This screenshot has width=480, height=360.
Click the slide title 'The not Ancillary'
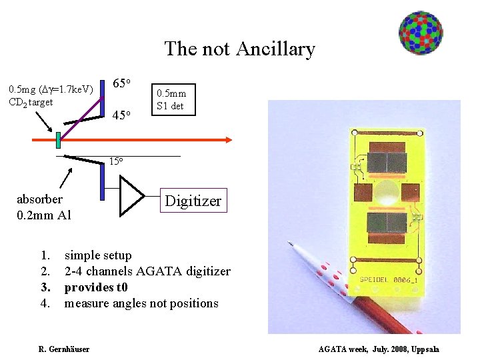pos(239,49)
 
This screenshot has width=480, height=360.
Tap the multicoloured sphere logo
pos(421,33)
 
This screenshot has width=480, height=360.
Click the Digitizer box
pos(193,201)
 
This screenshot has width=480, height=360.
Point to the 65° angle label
pos(124,83)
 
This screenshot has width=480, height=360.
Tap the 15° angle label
pos(116,161)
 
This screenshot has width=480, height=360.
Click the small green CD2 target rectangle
pos(59,140)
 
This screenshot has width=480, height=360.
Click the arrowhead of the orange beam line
pos(227,139)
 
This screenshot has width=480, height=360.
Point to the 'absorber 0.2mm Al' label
pos(44,207)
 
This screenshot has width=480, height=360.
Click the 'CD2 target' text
pos(31,101)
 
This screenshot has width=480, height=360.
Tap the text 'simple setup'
pos(98,255)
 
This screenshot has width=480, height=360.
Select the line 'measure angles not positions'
pos(141,303)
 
